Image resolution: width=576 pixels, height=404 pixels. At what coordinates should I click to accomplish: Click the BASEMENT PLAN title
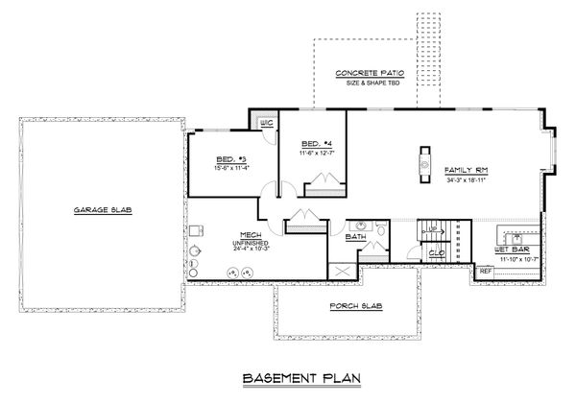[287, 378]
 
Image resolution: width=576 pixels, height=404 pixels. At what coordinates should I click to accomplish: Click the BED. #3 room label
[231, 158]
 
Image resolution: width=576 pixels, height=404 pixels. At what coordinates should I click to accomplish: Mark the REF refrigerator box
[485, 272]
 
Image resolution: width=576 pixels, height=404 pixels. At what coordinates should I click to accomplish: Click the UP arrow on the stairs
[431, 228]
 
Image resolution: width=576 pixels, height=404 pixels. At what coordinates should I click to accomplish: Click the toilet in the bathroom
[383, 230]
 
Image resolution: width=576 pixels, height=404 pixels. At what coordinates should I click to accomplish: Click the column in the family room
[423, 167]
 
